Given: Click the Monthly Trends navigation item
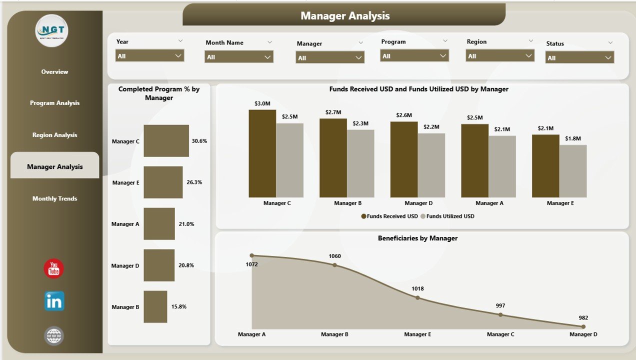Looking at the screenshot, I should pyautogui.click(x=54, y=198).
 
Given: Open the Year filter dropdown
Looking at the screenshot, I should pyautogui.click(x=149, y=55).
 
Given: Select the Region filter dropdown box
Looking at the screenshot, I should pyautogui.click(x=499, y=55).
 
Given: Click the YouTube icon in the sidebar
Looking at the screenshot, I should pyautogui.click(x=54, y=268).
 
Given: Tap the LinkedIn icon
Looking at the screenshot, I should pyautogui.click(x=54, y=301).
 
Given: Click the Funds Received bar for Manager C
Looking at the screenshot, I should pyautogui.click(x=262, y=153).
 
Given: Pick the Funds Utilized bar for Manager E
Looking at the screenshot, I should pyautogui.click(x=573, y=171).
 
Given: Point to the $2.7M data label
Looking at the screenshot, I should pyautogui.click(x=333, y=112).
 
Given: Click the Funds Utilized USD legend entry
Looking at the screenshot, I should pyautogui.click(x=447, y=216).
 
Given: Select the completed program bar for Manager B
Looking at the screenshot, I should pyautogui.click(x=155, y=306).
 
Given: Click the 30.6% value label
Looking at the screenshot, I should pyautogui.click(x=199, y=141).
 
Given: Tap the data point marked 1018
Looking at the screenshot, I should pyautogui.click(x=418, y=297).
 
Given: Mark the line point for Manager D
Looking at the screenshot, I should pyautogui.click(x=583, y=326).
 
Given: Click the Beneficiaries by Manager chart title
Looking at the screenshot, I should pyautogui.click(x=417, y=238).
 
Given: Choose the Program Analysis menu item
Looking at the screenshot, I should pyautogui.click(x=54, y=103).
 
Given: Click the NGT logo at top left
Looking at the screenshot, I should pyautogui.click(x=51, y=31).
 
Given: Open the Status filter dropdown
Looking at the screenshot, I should pyautogui.click(x=579, y=57).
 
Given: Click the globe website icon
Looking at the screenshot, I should pyautogui.click(x=54, y=335).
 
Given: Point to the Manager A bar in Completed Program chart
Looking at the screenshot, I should pyautogui.click(x=159, y=223).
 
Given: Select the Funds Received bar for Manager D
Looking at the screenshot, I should pyautogui.click(x=403, y=159).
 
